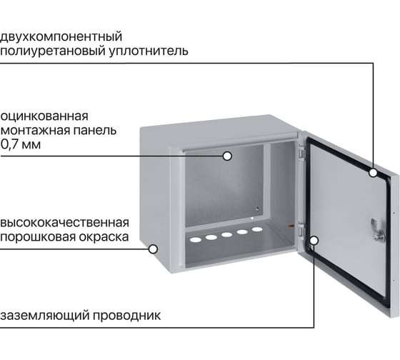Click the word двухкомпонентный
point(61,37)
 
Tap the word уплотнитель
point(149,51)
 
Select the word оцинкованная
point(44,116)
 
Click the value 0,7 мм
point(21,144)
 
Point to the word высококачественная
point(65,223)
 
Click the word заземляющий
point(44,316)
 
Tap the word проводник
point(126,316)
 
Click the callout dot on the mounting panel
point(227,156)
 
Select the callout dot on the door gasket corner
point(373,173)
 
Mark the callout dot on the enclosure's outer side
point(153,249)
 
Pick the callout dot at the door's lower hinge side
point(314,240)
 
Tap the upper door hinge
point(301,152)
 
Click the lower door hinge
point(301,229)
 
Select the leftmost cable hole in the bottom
point(196,239)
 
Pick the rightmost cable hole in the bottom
point(257,229)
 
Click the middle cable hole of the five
point(227,234)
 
